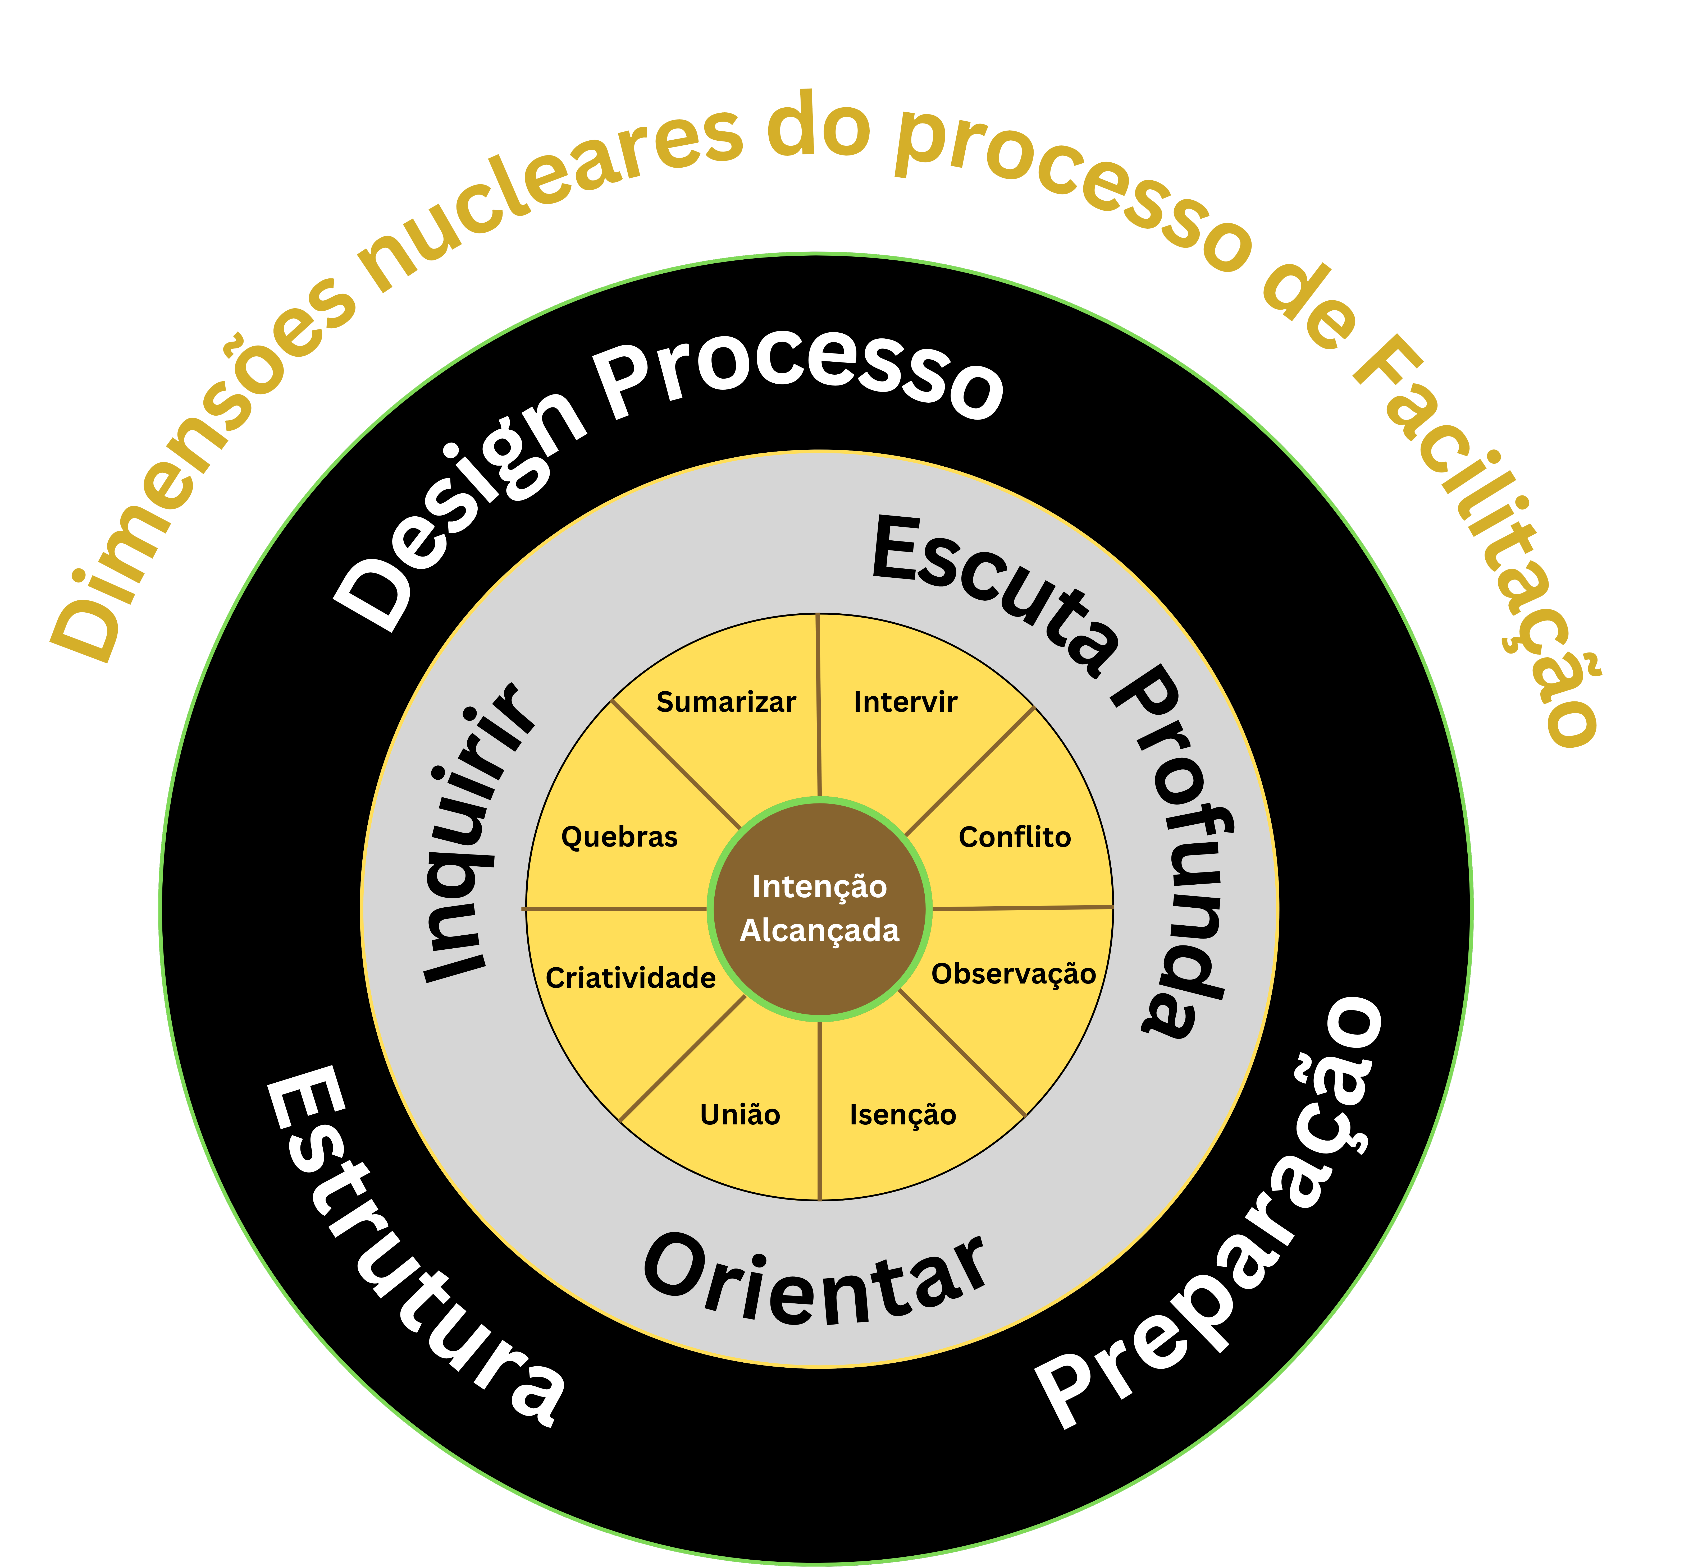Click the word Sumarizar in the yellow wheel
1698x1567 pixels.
(x=726, y=702)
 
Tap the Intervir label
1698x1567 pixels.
(x=905, y=702)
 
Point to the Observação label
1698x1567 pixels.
(x=1014, y=973)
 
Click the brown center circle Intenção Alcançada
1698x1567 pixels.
(x=819, y=908)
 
